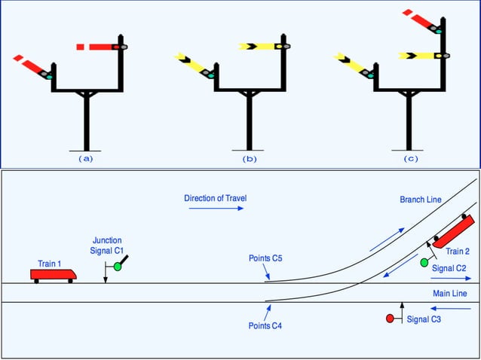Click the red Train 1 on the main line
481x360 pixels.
coord(53,273)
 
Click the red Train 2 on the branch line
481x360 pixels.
coord(453,231)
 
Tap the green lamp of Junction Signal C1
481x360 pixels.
coord(118,267)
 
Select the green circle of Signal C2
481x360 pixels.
coord(424,262)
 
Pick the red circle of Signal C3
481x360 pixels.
coord(390,319)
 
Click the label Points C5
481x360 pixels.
coord(265,258)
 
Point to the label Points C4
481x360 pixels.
coord(265,325)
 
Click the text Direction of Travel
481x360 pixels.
coord(215,198)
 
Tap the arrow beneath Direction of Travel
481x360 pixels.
coord(215,209)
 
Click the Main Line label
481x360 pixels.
coord(450,292)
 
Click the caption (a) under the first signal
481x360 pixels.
coord(86,159)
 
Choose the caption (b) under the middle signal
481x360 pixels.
coord(249,159)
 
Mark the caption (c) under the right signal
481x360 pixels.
coord(411,159)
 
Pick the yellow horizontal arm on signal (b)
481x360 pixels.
coord(259,47)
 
